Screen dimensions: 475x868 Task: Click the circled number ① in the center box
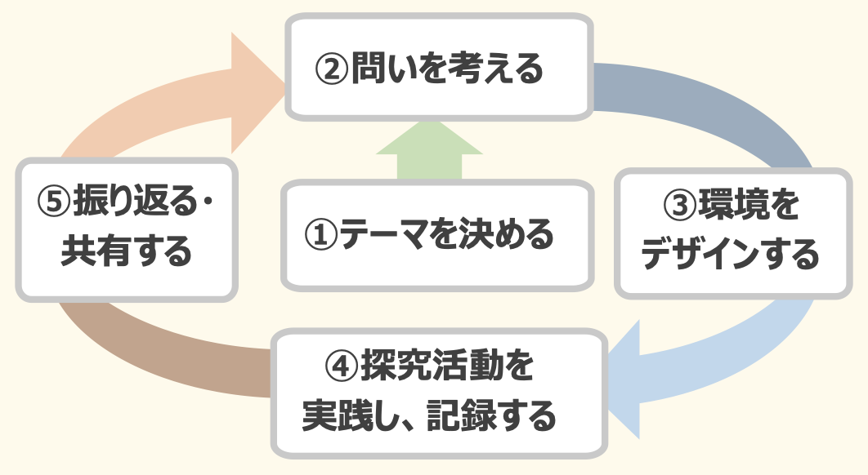coord(320,235)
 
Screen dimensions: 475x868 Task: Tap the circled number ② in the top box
coord(332,69)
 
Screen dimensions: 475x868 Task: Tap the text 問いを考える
coord(446,69)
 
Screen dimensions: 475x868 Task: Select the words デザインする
coord(730,255)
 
